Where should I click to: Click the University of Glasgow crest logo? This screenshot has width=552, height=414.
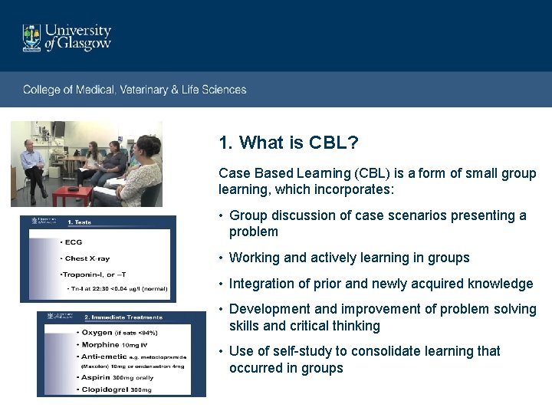(31, 38)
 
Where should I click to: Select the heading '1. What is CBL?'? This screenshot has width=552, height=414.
(288, 143)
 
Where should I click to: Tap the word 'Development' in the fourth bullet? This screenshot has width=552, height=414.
(268, 309)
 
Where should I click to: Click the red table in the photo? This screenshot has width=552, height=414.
(71, 191)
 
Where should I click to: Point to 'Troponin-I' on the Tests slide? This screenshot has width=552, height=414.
(84, 274)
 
